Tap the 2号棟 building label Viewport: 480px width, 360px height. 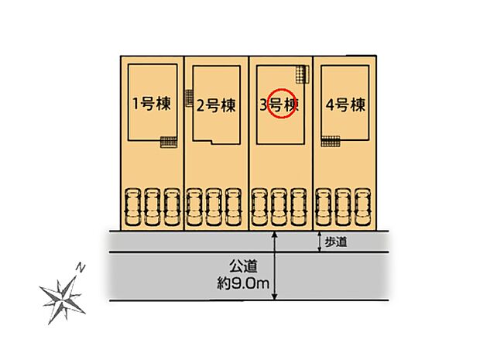click(x=216, y=105)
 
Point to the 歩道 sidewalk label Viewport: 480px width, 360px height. click(x=337, y=242)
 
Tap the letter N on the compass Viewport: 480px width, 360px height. click(x=80, y=268)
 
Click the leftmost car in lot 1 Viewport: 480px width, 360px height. click(x=132, y=207)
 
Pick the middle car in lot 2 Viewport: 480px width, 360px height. click(x=215, y=207)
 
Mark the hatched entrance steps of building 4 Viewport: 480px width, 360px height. click(x=331, y=141)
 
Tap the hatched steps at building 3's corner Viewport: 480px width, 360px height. click(x=300, y=74)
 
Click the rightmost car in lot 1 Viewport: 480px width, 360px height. click(x=172, y=207)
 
